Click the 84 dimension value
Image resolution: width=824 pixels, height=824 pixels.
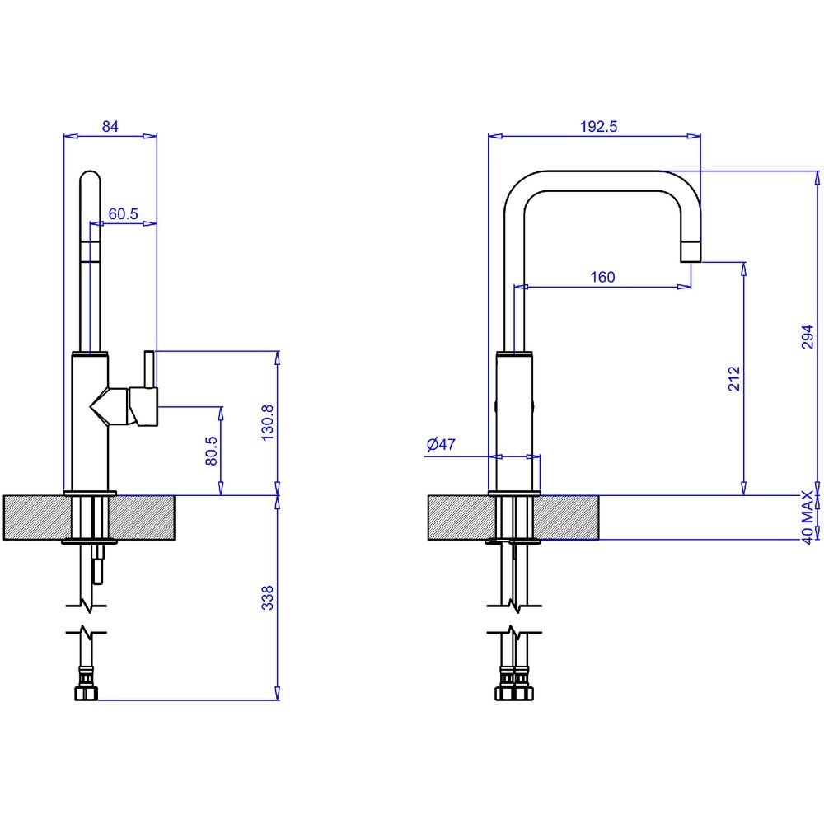110,127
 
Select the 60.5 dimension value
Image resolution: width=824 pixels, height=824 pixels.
123,214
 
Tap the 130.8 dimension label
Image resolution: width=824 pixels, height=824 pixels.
268,423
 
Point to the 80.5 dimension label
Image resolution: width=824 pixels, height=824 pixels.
211,451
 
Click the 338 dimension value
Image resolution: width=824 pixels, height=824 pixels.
268,598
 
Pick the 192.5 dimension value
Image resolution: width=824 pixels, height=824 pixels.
598,127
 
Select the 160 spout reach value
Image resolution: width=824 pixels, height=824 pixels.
602,277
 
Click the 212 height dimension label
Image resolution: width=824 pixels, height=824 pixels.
734,378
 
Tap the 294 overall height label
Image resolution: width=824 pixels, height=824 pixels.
808,337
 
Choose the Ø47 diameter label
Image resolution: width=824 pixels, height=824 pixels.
441,445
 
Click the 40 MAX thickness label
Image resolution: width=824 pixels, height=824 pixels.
808,517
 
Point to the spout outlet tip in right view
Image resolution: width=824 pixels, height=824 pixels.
691,251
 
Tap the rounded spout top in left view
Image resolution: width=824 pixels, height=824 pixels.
90,179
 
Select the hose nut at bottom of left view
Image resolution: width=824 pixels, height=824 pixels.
87,693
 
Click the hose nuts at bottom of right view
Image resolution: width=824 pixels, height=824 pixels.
514,693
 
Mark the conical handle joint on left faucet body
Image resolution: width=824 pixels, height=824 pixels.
110,406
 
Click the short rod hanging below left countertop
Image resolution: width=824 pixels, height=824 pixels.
98,564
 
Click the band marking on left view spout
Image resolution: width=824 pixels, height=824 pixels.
90,250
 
